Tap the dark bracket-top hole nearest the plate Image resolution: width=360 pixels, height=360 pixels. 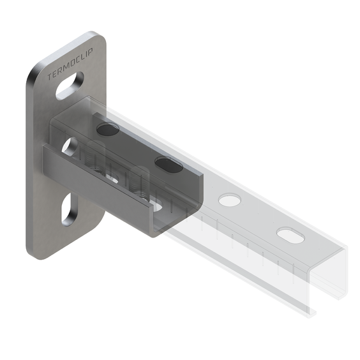107,130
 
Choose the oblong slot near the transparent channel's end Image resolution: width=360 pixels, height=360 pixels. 290,236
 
